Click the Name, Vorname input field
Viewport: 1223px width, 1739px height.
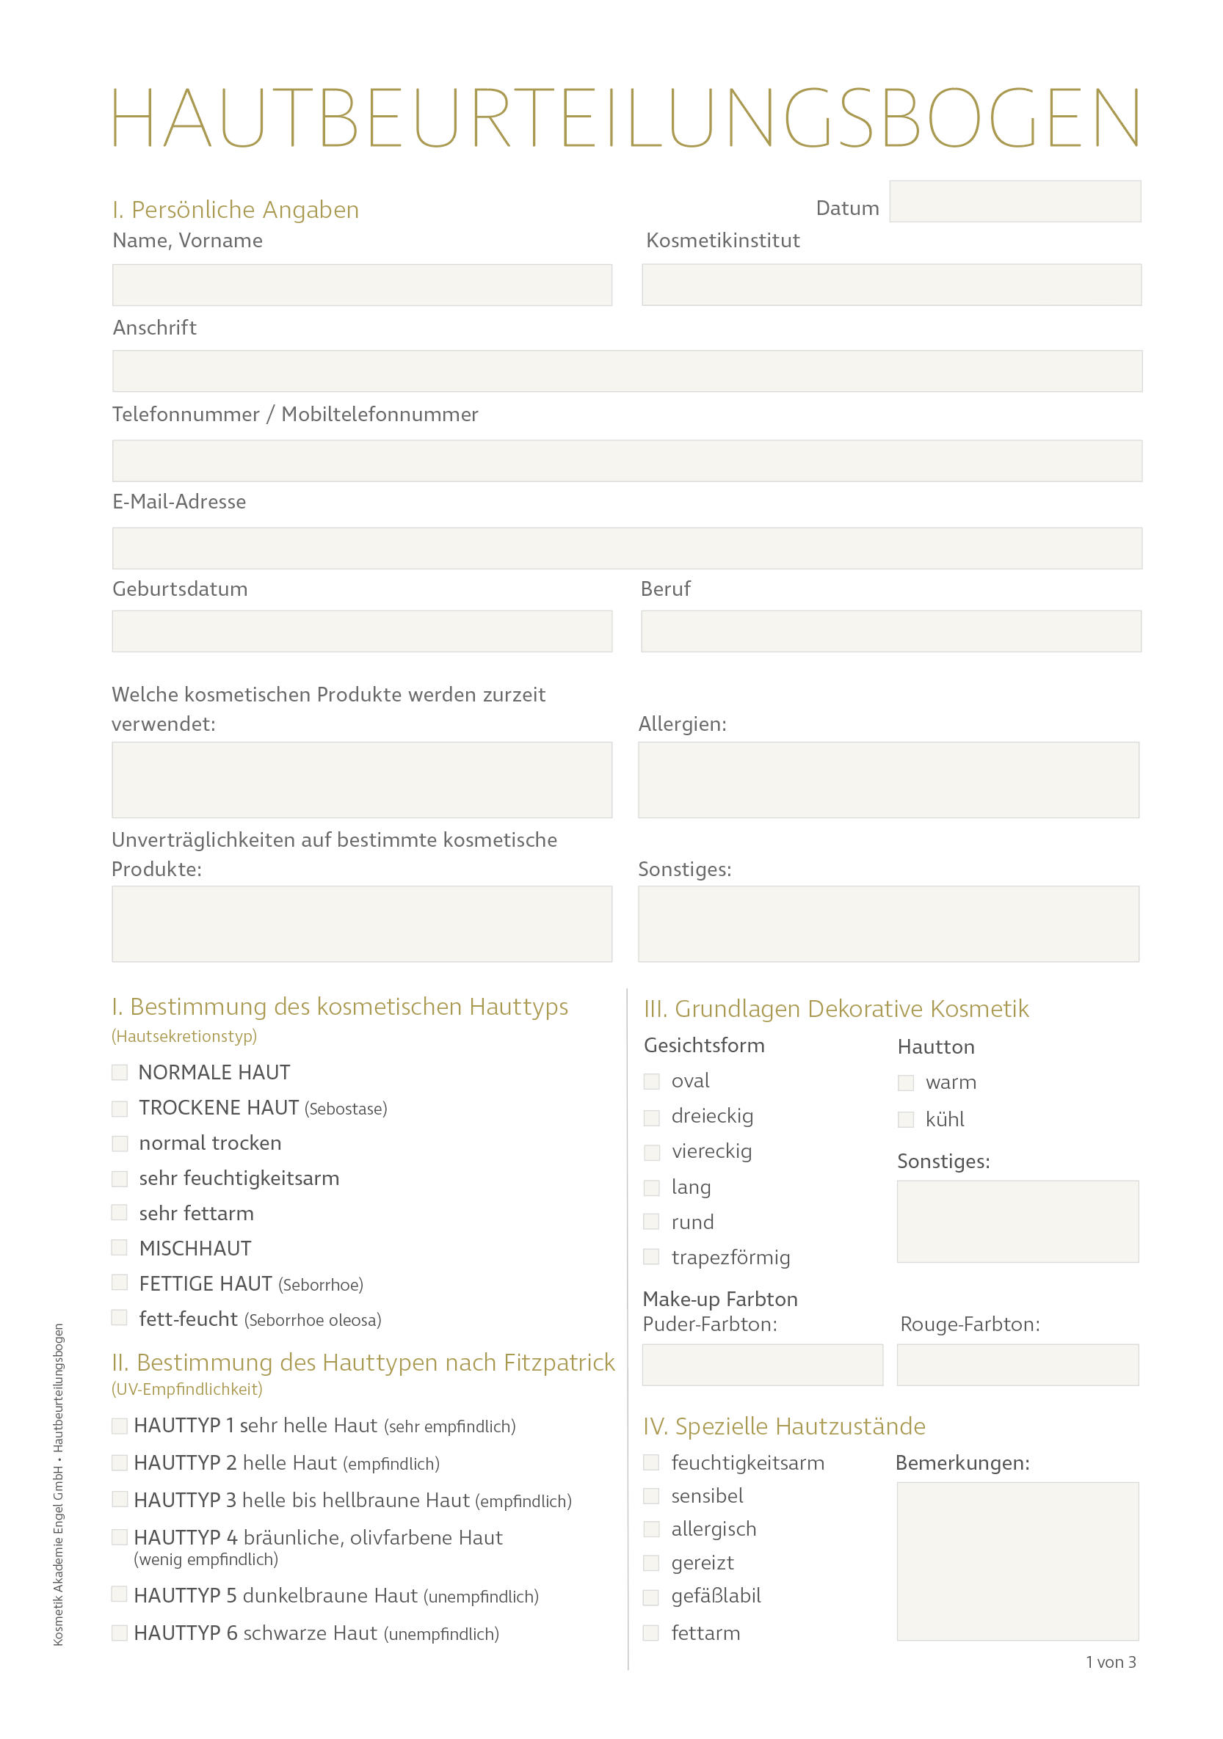tap(361, 285)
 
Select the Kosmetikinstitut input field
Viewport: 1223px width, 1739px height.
tap(891, 285)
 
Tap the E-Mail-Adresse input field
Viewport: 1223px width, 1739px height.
tap(627, 547)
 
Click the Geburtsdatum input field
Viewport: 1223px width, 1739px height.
tap(361, 631)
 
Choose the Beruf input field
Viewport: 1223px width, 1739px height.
tap(891, 631)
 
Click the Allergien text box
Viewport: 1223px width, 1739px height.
tap(888, 779)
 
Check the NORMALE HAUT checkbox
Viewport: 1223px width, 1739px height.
tap(120, 1072)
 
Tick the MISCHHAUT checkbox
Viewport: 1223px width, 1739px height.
tap(120, 1247)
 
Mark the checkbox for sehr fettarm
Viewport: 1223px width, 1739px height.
tap(120, 1213)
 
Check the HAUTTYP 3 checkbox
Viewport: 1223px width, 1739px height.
tap(120, 1499)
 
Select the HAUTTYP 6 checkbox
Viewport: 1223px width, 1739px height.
tap(120, 1632)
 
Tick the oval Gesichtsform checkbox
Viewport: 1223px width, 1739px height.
tap(652, 1081)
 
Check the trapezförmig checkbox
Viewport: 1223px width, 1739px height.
tap(652, 1256)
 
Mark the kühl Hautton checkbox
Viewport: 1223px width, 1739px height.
tap(906, 1120)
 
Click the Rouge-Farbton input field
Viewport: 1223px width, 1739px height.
tap(1017, 1365)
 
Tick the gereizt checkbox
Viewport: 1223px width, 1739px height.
tap(652, 1562)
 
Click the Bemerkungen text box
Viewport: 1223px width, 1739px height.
tap(1017, 1561)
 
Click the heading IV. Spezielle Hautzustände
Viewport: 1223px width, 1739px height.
tap(784, 1426)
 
